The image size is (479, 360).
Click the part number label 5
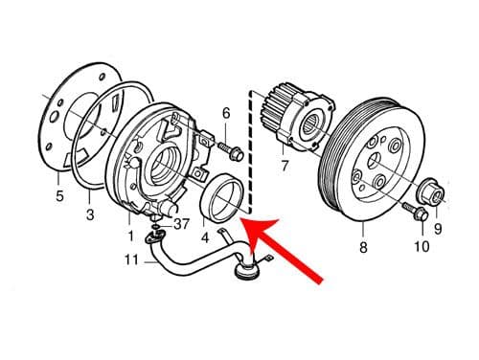tap(59, 198)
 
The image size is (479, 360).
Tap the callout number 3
tap(89, 216)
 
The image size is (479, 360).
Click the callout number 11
tap(132, 259)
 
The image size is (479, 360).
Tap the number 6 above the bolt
tap(226, 114)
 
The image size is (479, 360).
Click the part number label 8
tap(363, 248)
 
